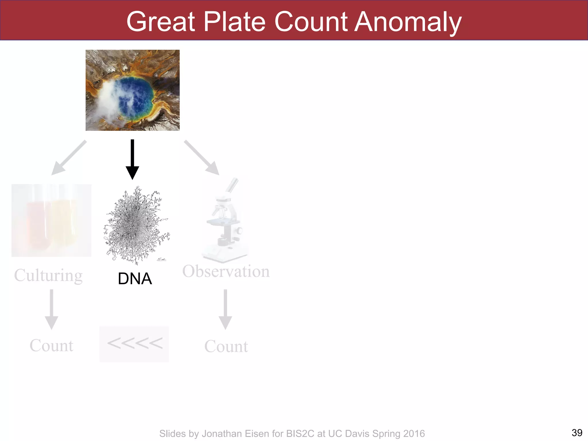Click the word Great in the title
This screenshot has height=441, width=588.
click(x=161, y=22)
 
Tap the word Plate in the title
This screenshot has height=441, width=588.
click(x=234, y=22)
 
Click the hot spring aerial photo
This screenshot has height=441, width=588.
click(x=132, y=90)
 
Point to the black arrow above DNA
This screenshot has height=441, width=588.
click(x=132, y=159)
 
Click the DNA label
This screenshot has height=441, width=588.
click(x=135, y=278)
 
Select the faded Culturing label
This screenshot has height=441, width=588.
click(x=48, y=276)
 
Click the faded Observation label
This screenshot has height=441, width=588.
click(x=226, y=271)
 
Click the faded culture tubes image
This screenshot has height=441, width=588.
click(x=51, y=220)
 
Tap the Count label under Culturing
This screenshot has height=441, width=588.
click(x=51, y=345)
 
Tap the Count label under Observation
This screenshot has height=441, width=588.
click(x=226, y=346)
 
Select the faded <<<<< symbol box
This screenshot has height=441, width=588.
click(x=134, y=344)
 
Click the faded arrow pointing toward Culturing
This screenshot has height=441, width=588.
click(x=69, y=157)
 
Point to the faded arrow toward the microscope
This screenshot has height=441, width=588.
click(x=202, y=157)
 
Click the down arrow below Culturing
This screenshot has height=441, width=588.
click(x=51, y=309)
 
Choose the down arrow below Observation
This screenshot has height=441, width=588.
click(x=225, y=309)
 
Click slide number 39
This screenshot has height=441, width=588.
click(x=577, y=432)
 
